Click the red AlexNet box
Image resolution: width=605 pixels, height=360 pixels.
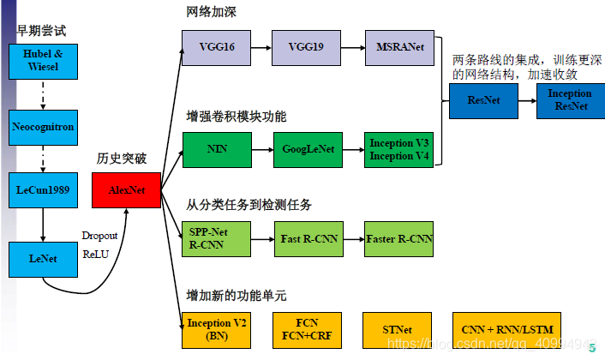tap(125, 189)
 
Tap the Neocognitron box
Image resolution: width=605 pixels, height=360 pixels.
tap(43, 126)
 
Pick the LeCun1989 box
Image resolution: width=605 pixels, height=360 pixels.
tap(43, 189)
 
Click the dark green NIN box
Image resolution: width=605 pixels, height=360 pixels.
tap(216, 148)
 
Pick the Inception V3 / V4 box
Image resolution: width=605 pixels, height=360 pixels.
tap(398, 148)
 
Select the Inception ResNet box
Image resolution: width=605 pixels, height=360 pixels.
tap(569, 99)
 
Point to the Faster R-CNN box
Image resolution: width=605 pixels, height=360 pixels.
tap(398, 237)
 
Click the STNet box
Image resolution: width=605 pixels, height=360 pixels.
tap(398, 330)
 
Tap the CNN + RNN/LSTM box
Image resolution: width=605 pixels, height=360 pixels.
tap(506, 330)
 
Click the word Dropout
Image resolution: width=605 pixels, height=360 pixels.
tap(99, 235)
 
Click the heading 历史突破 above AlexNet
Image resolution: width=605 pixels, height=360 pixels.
tap(123, 159)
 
